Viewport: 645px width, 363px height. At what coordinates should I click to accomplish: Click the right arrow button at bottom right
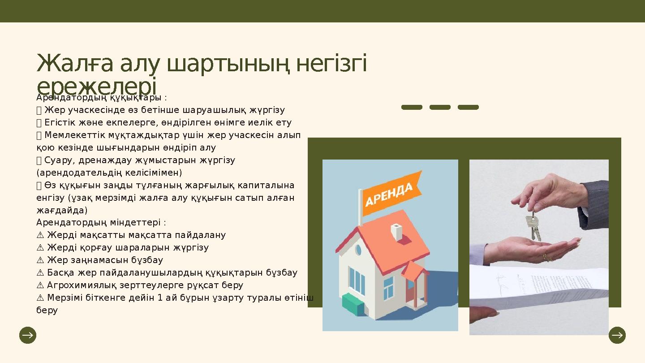617,335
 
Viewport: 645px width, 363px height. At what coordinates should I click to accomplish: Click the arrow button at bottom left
28,335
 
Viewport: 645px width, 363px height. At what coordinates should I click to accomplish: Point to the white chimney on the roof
396,231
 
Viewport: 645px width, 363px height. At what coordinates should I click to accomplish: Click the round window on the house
358,250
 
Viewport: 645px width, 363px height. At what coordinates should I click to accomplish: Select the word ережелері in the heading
96,86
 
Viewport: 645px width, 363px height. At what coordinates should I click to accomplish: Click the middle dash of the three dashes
440,108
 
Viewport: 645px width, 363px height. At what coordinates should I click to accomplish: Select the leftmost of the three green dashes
412,108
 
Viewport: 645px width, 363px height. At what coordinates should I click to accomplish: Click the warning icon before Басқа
40,272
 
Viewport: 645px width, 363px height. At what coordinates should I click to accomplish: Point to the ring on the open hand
547,257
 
